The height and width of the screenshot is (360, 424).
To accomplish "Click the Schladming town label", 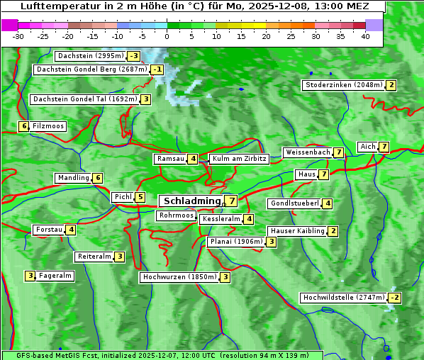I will click(x=192, y=201).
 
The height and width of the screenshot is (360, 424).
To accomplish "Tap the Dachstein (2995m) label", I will click(x=91, y=56).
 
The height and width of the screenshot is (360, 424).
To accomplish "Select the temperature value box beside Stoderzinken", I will click(x=391, y=85).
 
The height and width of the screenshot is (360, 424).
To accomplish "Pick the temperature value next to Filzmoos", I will click(x=24, y=126).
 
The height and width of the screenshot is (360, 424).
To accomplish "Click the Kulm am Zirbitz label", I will click(x=239, y=159).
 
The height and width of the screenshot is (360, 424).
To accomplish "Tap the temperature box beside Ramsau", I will click(x=193, y=159).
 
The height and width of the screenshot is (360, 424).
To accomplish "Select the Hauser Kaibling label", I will click(x=296, y=231).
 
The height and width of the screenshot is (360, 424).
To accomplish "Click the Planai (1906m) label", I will click(x=236, y=242).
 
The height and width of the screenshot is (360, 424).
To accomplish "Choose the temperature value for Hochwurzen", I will click(x=225, y=277).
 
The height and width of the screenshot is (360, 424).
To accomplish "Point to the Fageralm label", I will click(x=55, y=276).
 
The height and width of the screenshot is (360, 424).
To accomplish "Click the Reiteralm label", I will click(x=94, y=257).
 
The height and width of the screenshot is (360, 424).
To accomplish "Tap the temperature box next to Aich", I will click(x=384, y=147).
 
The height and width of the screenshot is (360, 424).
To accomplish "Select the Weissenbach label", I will click(x=307, y=152).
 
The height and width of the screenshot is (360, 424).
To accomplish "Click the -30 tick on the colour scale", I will click(x=18, y=36).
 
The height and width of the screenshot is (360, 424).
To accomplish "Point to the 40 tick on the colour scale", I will click(x=365, y=36).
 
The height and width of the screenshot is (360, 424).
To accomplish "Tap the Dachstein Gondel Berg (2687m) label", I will click(x=91, y=69).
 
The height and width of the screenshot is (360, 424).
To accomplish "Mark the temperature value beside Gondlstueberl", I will click(x=327, y=203).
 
